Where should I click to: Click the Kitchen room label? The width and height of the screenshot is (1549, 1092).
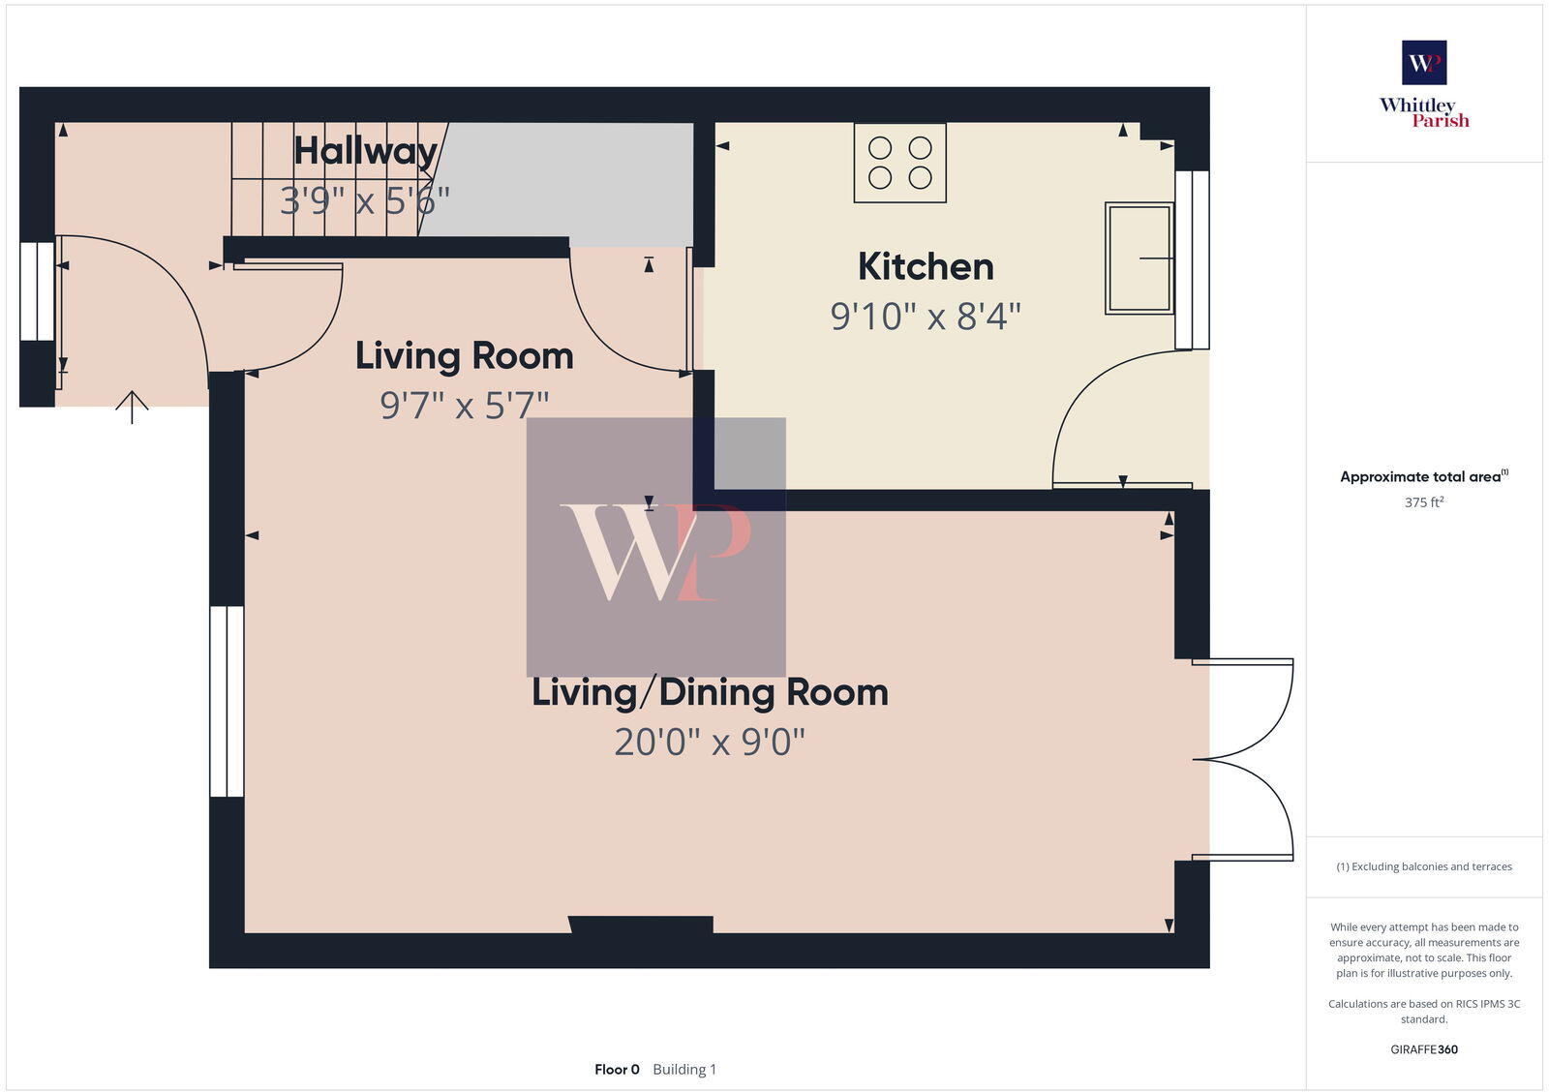(926, 267)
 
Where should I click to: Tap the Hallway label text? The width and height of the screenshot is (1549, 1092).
(365, 151)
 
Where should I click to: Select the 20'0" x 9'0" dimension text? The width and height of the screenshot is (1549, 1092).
(710, 743)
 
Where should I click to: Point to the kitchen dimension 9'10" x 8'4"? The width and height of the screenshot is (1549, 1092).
(926, 317)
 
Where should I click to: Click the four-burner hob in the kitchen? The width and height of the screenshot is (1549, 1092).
(899, 163)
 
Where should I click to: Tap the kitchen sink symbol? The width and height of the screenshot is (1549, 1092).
(1139, 258)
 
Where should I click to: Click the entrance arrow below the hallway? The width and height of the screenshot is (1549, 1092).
(132, 407)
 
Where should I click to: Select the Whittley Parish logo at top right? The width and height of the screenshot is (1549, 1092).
(1424, 85)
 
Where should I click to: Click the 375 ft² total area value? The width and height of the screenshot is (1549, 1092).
(1424, 502)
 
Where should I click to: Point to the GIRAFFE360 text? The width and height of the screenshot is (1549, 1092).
(1424, 1049)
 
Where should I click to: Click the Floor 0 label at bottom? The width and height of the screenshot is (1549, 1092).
(617, 1070)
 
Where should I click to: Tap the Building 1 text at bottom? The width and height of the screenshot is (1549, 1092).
(684, 1070)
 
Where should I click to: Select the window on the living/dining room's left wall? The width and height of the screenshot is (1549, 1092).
(228, 702)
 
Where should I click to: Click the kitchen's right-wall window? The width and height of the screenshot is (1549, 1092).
(1192, 259)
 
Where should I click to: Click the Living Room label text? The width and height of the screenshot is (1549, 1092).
(464, 356)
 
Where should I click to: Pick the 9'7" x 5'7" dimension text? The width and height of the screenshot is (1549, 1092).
(464, 406)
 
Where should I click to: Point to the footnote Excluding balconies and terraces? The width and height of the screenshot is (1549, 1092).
(1424, 866)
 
